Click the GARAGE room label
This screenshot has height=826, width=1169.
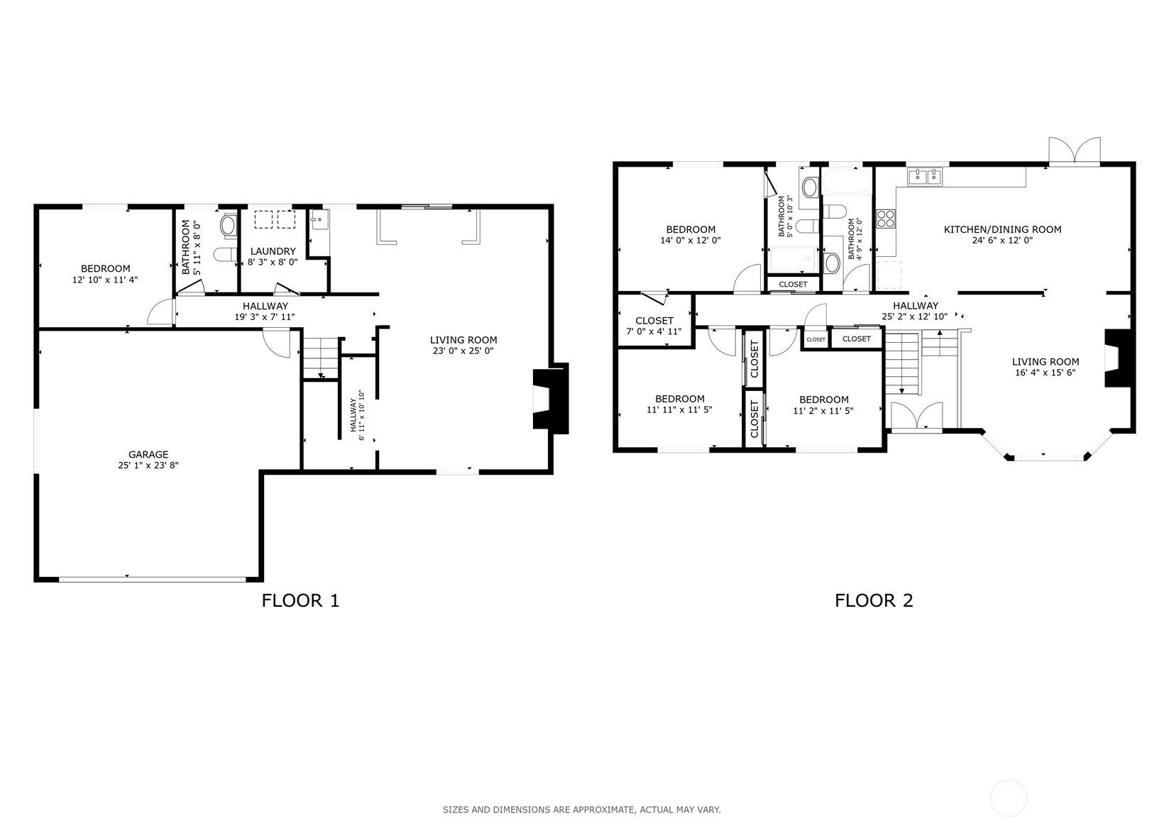coord(148,454)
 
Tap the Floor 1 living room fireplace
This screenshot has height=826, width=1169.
coord(550,399)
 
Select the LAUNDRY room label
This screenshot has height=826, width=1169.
coord(273,251)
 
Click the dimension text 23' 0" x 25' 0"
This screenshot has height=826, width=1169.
coord(463,351)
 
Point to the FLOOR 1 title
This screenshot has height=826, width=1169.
coord(300,600)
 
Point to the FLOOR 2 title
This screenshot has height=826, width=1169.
coord(873,600)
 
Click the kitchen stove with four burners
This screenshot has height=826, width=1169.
coord(885,219)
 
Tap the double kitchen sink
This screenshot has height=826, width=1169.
coord(925,176)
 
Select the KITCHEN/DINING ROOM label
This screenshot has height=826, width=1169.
coord(1002,229)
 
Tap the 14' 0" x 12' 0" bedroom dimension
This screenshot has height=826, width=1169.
coord(690,240)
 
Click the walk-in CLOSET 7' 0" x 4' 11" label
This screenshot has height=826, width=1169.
coord(654,321)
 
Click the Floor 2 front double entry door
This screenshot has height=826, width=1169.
coord(916,416)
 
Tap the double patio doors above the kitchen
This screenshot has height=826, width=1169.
coord(1075,150)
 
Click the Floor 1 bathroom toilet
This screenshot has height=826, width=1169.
coord(226,255)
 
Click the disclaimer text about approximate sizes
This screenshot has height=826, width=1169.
coord(581,809)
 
